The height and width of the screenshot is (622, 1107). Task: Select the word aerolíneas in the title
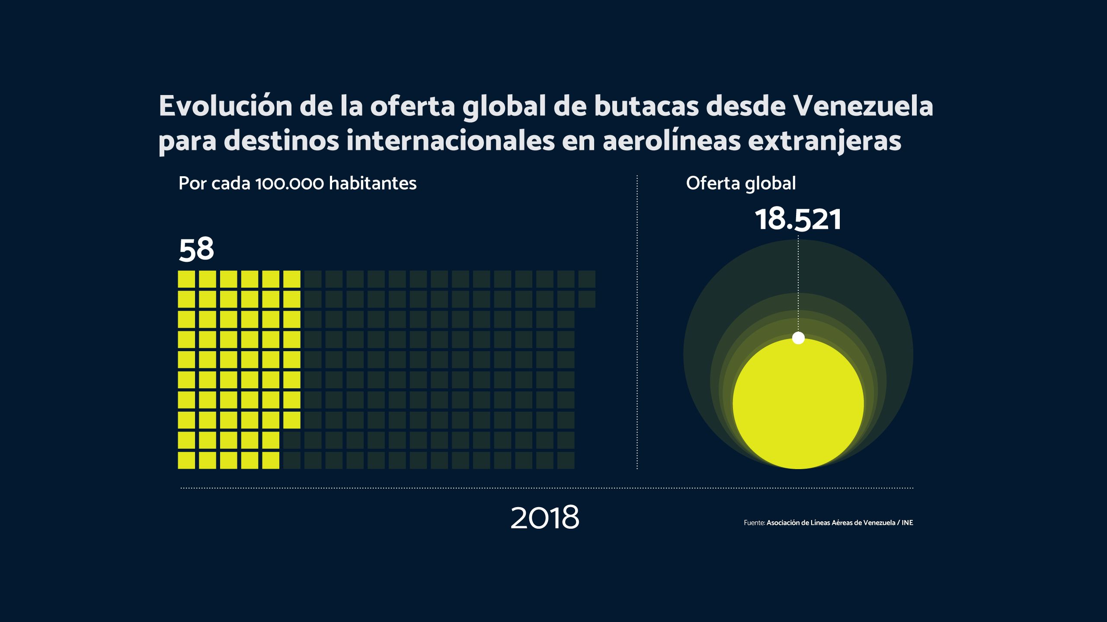[x=672, y=141]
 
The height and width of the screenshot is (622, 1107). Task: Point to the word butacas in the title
[x=646, y=106]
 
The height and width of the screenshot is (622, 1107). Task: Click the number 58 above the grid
[x=196, y=249]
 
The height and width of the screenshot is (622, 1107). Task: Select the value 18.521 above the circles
[x=798, y=219]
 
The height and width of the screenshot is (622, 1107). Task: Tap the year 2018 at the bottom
[x=545, y=517]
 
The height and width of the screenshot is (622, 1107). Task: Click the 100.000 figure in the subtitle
[x=290, y=184]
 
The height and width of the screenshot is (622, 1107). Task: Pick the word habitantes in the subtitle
[x=373, y=184]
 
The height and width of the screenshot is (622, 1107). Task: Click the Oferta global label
[x=741, y=184]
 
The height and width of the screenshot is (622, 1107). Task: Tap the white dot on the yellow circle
[x=798, y=338]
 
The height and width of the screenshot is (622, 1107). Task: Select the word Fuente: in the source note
[x=754, y=523]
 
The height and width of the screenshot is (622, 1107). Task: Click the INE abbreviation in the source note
[x=907, y=523]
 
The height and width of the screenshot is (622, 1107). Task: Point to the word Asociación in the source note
[x=783, y=523]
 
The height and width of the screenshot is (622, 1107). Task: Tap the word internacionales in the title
[x=450, y=141]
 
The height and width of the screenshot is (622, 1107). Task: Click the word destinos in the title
[x=281, y=141]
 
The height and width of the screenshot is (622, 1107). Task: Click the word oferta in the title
[x=412, y=106]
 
